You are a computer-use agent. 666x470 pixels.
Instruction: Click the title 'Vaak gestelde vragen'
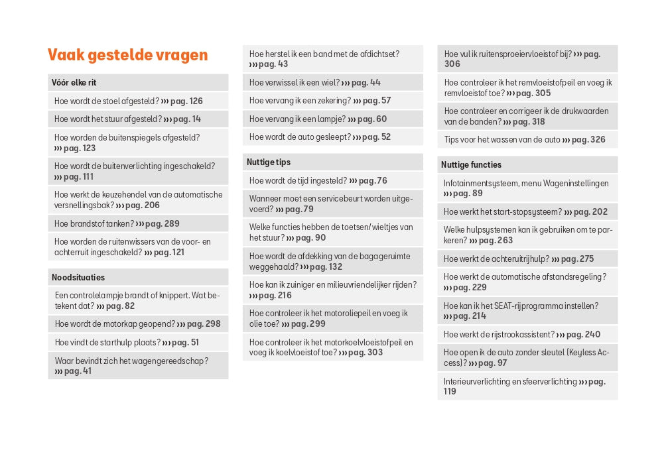click(x=128, y=55)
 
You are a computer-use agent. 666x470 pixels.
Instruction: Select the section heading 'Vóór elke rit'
click(x=74, y=83)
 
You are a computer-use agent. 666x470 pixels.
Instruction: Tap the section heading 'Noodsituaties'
click(x=78, y=278)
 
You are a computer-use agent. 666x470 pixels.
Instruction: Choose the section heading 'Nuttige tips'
click(x=269, y=162)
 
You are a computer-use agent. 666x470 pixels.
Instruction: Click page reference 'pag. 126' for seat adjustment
click(x=186, y=101)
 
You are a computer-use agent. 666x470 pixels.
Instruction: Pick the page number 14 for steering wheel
click(x=196, y=119)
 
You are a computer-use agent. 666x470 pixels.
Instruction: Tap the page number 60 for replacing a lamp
click(x=381, y=119)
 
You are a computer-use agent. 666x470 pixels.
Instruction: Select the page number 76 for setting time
click(x=381, y=181)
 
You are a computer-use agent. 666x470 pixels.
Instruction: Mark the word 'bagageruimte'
click(x=387, y=257)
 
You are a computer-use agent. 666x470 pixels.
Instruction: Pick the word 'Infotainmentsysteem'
click(x=481, y=184)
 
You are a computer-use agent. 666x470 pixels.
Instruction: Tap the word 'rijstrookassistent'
click(x=520, y=335)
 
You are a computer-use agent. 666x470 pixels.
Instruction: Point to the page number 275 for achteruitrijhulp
click(x=586, y=259)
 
